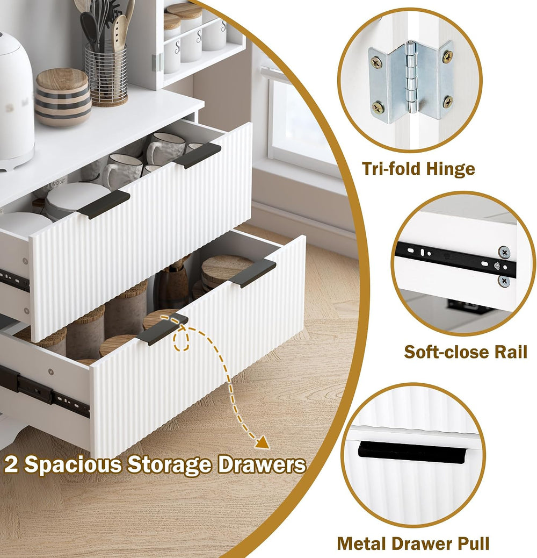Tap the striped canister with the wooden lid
pos(63,97)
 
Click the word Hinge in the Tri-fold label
pos(451,169)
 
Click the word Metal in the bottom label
pos(362,543)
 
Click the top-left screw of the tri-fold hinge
pos(376,63)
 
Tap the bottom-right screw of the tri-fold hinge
pos(448,102)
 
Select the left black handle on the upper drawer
pos(104,204)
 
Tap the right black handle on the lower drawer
pos(253,273)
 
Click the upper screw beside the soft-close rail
pos(504,252)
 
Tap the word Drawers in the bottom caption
pos(262,464)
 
